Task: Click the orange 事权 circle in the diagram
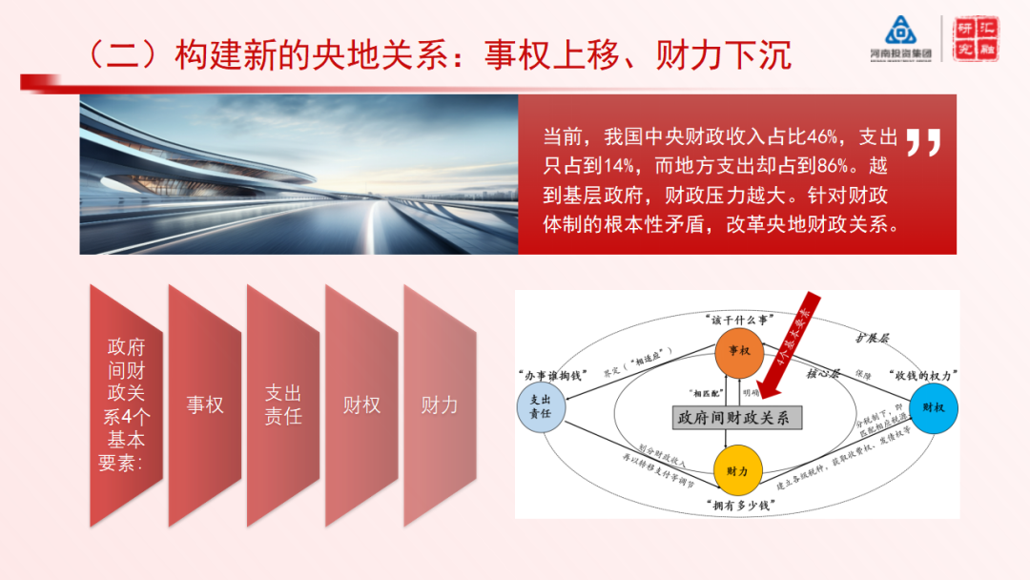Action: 739,350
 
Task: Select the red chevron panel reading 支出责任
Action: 283,405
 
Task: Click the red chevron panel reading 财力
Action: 440,405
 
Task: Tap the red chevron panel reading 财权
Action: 361,405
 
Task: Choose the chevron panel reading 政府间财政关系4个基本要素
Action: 126,405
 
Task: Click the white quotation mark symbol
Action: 922,142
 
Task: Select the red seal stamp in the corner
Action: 978,38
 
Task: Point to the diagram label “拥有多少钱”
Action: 740,505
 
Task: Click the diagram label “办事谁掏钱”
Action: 548,373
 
